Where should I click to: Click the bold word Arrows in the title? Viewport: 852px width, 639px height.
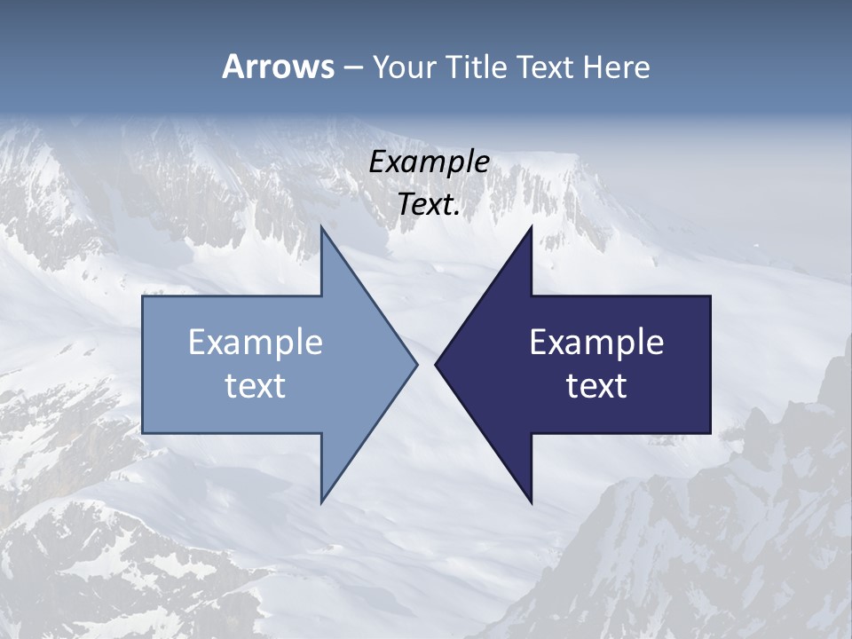coord(277,67)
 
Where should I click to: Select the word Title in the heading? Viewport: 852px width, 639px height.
coord(477,67)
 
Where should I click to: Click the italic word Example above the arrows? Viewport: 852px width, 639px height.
coord(429,162)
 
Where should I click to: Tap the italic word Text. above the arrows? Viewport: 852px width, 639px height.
coord(429,205)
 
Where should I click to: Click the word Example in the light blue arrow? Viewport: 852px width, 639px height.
coord(256,342)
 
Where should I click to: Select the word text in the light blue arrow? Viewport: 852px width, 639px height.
coord(256,385)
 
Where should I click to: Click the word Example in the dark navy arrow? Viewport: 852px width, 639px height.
coord(596,342)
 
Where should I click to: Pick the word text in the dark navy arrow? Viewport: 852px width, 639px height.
coord(596,385)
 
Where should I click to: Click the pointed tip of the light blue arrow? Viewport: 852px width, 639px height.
coord(416,364)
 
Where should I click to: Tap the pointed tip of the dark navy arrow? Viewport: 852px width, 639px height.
coord(436,364)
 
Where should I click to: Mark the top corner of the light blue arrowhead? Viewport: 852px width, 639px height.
coord(322,228)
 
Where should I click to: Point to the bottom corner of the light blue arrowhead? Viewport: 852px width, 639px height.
coord(322,501)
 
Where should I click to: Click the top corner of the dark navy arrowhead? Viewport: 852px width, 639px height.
coord(531,228)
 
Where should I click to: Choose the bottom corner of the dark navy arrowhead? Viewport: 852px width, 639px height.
coord(531,501)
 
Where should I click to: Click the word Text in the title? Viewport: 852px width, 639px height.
coord(544,67)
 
